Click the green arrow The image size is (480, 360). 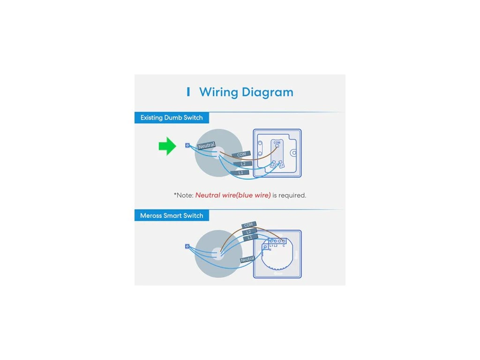167,146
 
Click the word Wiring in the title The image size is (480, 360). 218,92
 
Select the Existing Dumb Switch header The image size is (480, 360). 172,118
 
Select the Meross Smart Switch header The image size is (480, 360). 172,216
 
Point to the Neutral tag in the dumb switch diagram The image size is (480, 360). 206,146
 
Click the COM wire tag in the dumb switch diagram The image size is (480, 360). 241,154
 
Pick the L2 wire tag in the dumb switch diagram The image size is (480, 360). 243,164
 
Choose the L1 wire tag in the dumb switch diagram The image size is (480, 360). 240,172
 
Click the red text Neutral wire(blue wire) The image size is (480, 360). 233,195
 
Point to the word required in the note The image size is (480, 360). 292,195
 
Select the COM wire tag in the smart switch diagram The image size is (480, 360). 248,225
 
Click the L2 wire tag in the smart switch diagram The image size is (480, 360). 249,232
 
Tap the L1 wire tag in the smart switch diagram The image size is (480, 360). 249,238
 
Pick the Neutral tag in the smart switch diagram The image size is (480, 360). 247,259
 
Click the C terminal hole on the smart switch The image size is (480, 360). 284,241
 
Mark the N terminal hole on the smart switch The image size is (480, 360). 266,246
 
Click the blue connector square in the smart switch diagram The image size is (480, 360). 187,246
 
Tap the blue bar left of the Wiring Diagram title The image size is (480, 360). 188,92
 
